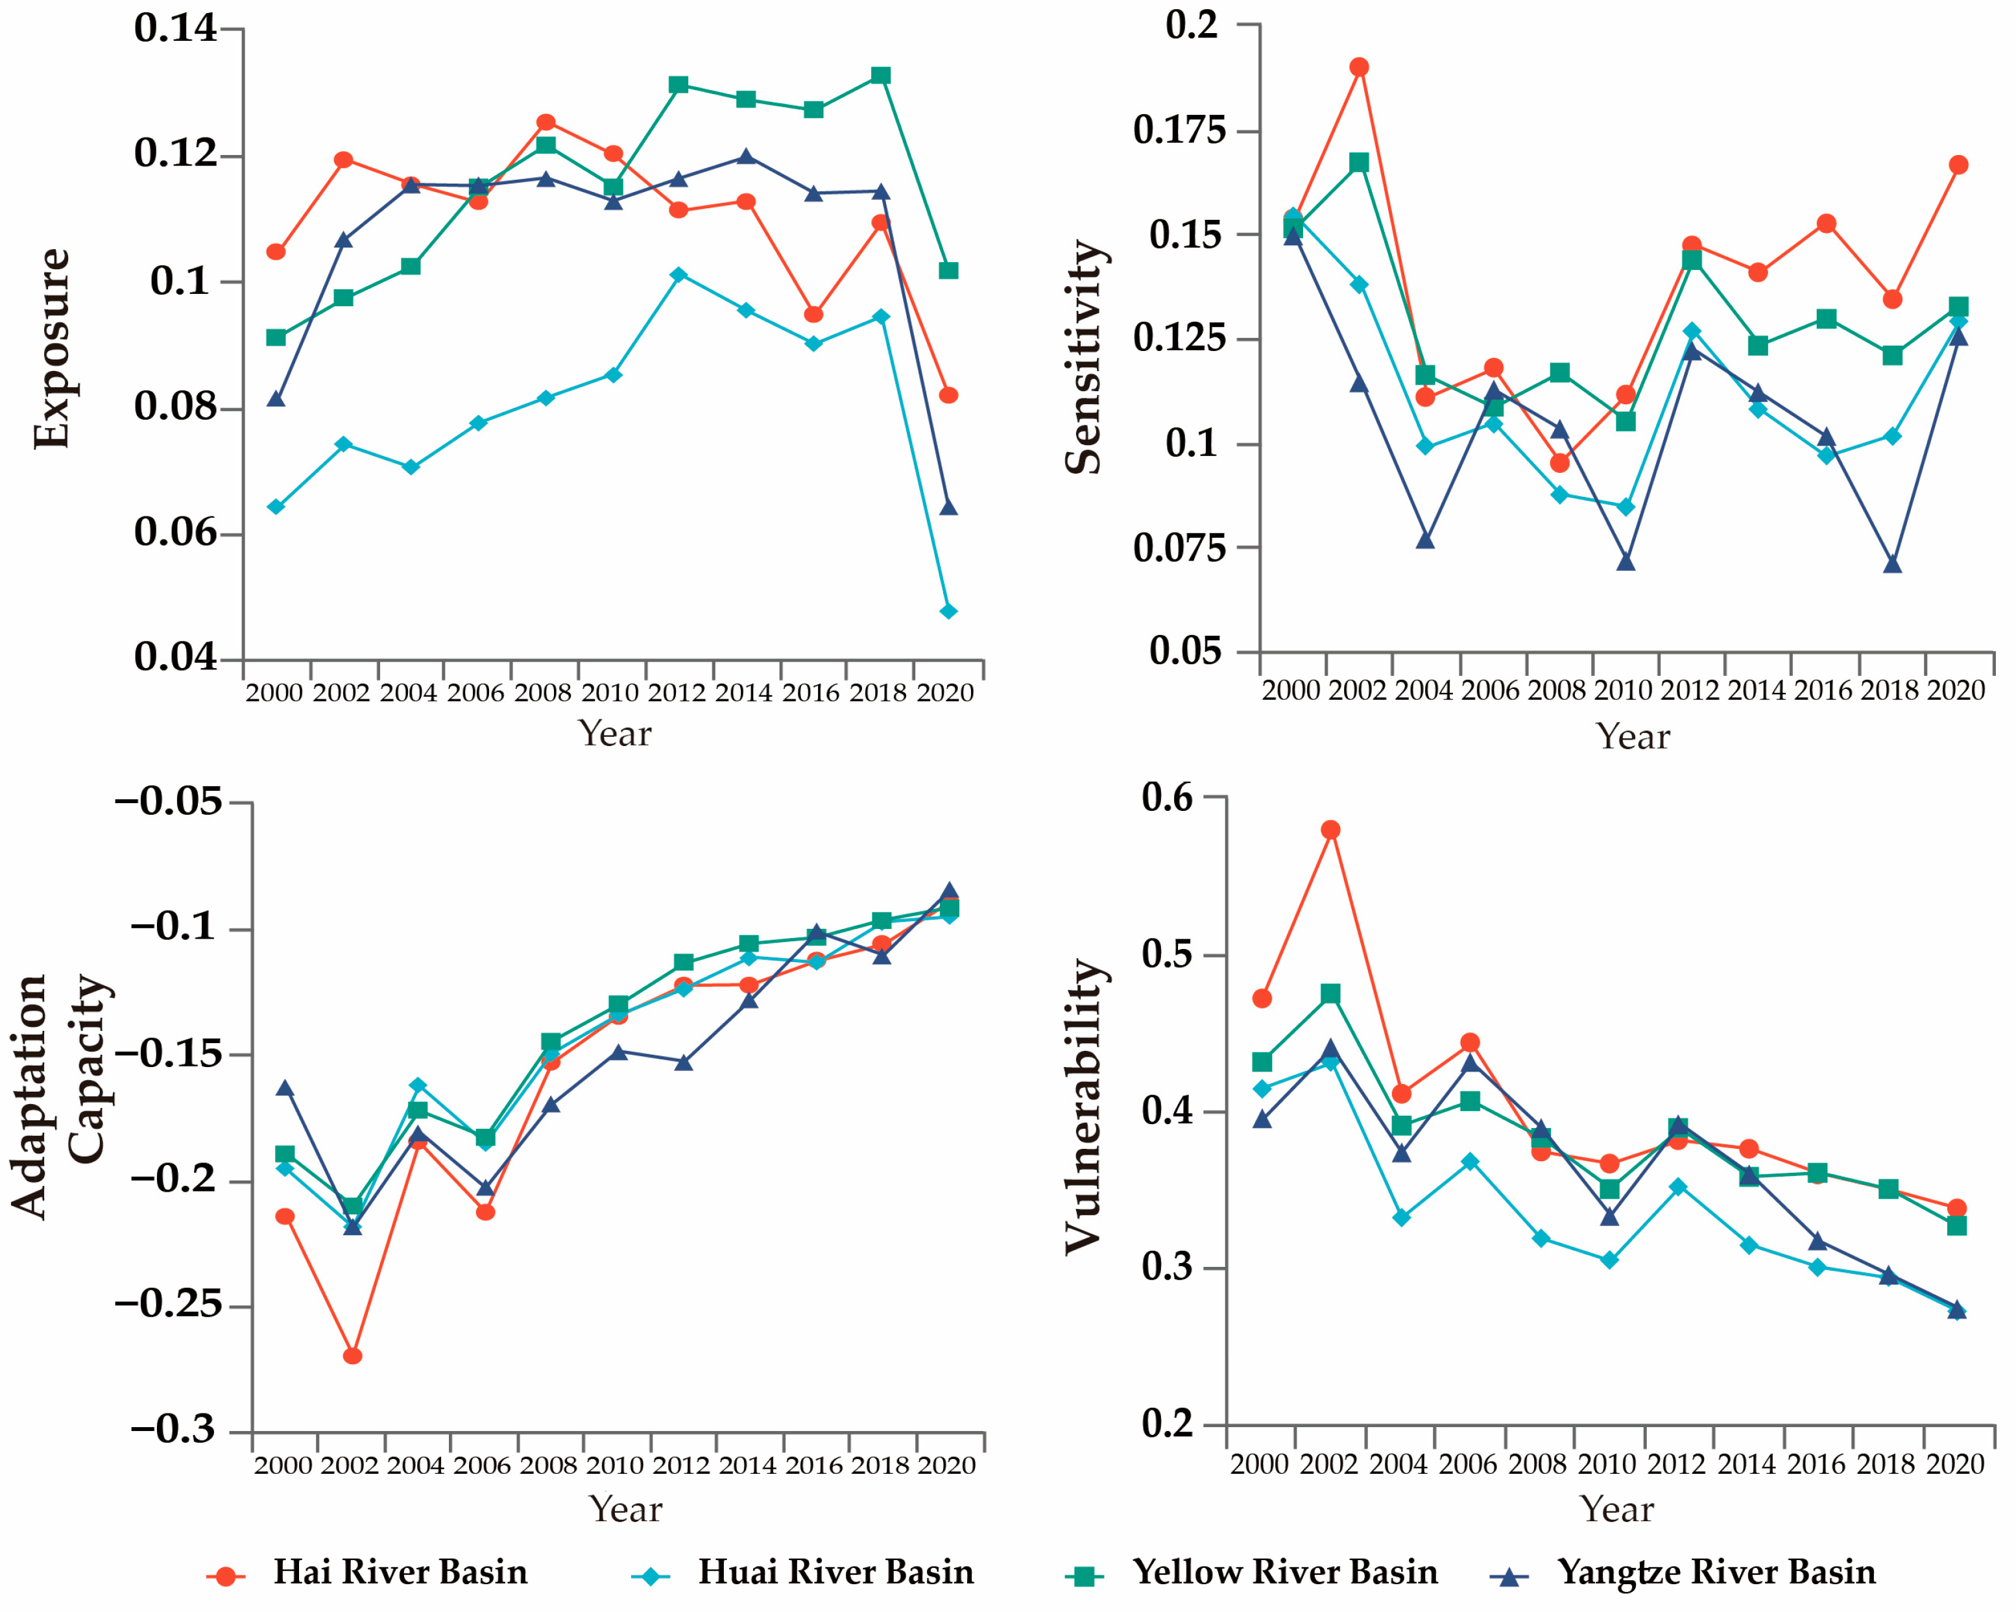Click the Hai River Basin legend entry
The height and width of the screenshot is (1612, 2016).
point(400,1572)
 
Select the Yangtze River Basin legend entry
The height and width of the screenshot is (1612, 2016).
point(1716,1572)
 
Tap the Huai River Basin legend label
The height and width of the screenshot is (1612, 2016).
point(835,1572)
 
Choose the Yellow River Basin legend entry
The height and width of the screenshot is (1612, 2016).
point(1285,1572)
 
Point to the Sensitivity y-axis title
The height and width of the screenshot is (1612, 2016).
point(1084,357)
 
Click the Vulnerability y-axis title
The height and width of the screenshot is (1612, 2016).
point(1084,1105)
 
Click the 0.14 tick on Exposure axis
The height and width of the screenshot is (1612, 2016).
point(175,28)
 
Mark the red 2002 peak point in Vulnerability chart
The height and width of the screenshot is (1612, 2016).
point(1330,830)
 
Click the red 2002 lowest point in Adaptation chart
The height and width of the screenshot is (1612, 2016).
point(352,1356)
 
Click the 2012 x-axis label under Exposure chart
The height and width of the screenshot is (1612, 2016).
point(677,693)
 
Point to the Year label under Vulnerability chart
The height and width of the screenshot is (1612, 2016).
point(1616,1509)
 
